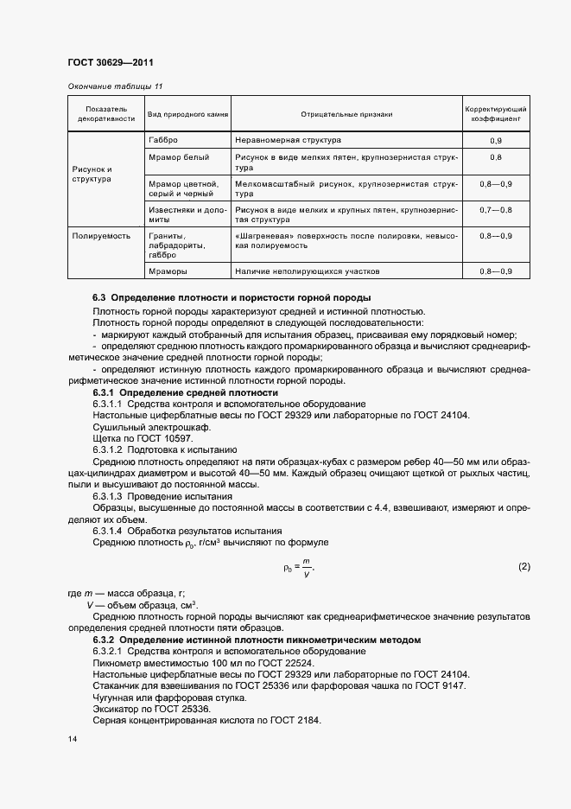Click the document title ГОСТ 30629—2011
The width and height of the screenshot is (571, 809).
[x=110, y=63]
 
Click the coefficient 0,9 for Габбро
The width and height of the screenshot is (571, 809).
[x=496, y=140]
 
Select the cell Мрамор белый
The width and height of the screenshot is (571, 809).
[x=179, y=156]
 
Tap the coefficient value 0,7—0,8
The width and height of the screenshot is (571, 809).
[x=496, y=210]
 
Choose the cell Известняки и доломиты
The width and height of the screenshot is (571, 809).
[x=185, y=214]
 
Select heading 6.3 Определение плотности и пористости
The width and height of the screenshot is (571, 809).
[x=232, y=297]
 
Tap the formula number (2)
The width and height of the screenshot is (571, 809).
[x=523, y=567]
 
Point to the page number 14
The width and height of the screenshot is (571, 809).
[x=72, y=740]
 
